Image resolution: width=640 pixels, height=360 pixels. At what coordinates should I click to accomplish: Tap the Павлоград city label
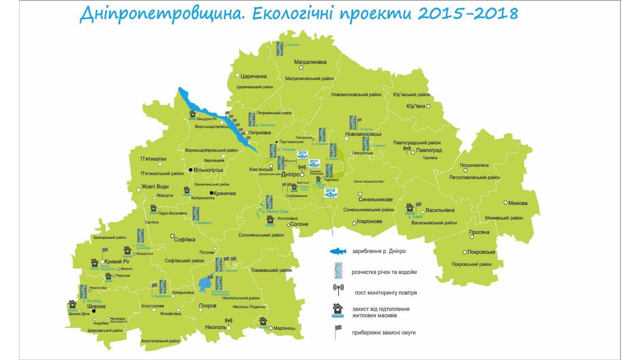coord(429,150)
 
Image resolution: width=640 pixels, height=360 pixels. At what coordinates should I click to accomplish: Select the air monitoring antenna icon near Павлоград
coord(407,150)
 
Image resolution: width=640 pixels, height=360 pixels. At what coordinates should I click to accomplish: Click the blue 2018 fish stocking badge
coord(330,193)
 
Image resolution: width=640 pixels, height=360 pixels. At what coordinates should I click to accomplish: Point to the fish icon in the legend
coord(338,251)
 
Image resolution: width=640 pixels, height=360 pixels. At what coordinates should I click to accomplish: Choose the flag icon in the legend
coord(338,332)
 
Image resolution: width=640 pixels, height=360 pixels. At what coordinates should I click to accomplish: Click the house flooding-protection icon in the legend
coord(338,310)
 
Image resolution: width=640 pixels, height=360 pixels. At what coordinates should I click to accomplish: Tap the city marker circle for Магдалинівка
coord(301,67)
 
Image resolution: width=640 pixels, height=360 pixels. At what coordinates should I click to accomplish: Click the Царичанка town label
coord(253,76)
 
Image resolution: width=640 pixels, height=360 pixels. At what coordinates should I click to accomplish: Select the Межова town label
coord(518,203)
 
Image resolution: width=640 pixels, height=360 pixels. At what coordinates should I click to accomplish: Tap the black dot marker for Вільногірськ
coord(191,170)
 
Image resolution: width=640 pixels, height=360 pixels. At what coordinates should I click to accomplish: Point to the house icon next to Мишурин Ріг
coord(192,114)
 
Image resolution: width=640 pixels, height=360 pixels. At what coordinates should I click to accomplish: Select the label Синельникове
coord(375,200)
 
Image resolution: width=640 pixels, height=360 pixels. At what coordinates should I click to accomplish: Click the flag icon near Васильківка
coord(418,206)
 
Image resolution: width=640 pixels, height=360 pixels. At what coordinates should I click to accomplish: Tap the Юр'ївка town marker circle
coord(428,106)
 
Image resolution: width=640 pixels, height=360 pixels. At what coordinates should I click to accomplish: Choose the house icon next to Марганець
coord(263,322)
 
